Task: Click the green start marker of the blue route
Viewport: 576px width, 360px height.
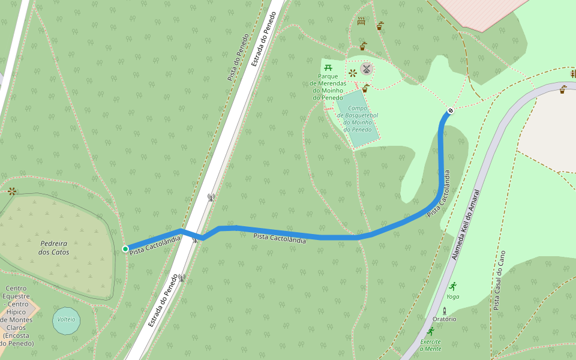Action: pos(125,249)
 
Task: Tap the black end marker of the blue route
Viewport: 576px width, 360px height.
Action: pos(450,110)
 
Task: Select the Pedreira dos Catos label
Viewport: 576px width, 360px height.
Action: pos(53,248)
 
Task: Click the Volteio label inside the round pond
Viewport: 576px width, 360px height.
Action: pos(66,319)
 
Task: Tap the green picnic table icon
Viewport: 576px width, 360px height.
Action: pos(328,67)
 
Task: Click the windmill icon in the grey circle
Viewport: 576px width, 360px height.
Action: pos(367,69)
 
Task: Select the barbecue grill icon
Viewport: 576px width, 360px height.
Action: pos(361,21)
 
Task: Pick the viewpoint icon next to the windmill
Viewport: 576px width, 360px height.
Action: pos(353,73)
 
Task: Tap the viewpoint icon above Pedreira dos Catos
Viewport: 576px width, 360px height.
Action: pos(12,191)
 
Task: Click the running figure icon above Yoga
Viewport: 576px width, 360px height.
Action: pos(452,286)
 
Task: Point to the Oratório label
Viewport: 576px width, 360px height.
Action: pos(445,319)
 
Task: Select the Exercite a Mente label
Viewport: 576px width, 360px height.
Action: pos(430,345)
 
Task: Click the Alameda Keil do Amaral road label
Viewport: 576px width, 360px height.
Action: pos(466,225)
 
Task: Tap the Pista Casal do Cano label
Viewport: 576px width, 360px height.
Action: pos(500,280)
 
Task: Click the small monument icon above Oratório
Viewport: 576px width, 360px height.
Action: pos(445,310)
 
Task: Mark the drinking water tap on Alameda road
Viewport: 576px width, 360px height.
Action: pos(563,89)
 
